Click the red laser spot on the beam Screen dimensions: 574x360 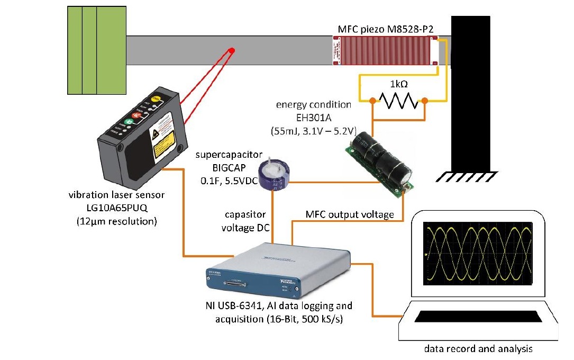pyautogui.click(x=231, y=50)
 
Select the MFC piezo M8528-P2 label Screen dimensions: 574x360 pyautogui.click(x=386, y=29)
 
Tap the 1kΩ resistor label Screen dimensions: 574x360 pyautogui.click(x=399, y=84)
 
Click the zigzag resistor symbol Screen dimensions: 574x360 pyautogui.click(x=398, y=101)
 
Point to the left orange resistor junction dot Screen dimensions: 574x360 pyautogui.click(x=372, y=101)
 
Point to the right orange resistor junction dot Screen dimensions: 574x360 pyautogui.click(x=425, y=101)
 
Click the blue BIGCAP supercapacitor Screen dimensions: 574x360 pyautogui.click(x=274, y=174)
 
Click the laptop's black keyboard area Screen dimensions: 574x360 pyautogui.click(x=478, y=317)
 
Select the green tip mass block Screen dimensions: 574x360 pyautogui.click(x=97, y=50)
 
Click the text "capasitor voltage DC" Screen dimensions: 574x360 pyautogui.click(x=245, y=221)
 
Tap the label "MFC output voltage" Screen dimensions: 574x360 pyautogui.click(x=350, y=214)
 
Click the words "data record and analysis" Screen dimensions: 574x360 pyautogui.click(x=478, y=348)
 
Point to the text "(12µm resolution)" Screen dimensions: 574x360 pyautogui.click(x=117, y=221)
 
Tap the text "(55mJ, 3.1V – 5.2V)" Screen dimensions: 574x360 pyautogui.click(x=314, y=131)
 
